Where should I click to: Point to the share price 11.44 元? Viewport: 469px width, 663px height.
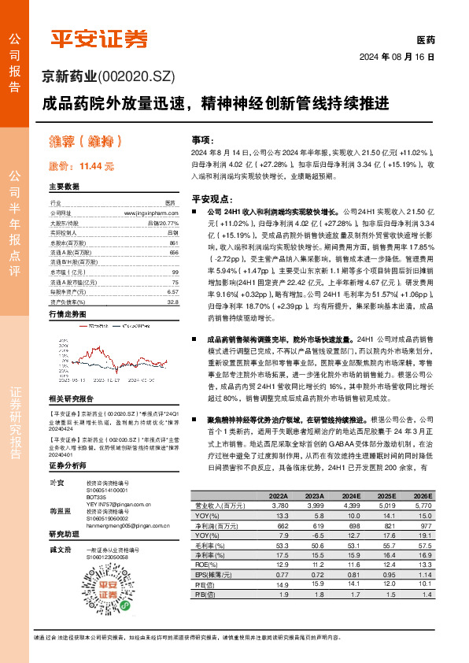[x=96, y=166]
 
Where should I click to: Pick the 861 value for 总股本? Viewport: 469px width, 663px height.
[x=174, y=243]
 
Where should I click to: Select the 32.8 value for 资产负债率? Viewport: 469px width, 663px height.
[x=172, y=301]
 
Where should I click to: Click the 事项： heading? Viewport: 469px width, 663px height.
[x=202, y=137]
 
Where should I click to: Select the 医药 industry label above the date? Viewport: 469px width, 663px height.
[x=425, y=40]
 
